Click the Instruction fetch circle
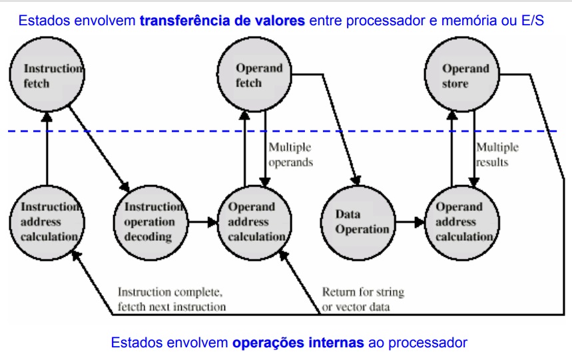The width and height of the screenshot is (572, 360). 45,78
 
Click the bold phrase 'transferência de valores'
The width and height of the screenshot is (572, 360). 223,21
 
